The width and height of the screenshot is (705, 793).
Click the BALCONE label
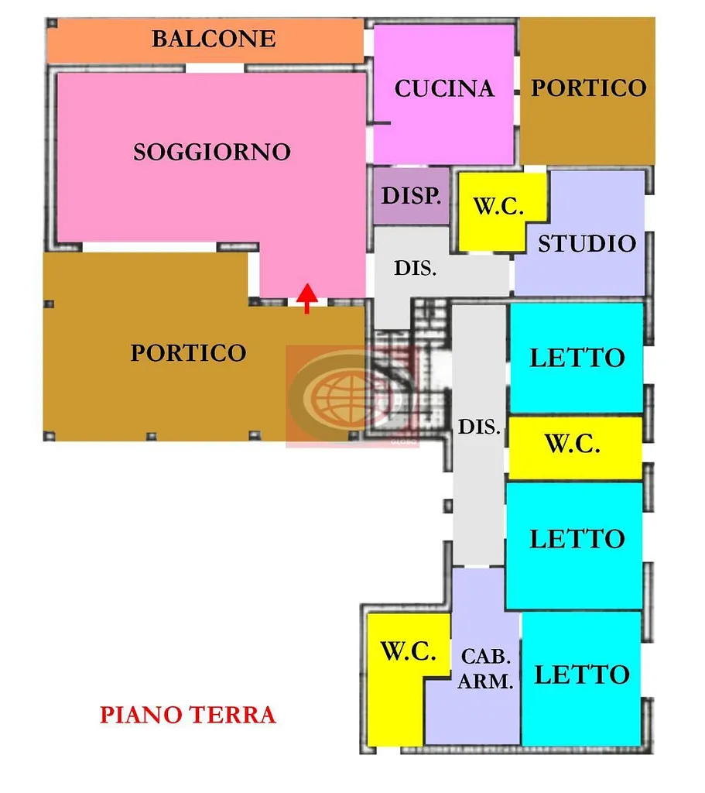click(x=214, y=39)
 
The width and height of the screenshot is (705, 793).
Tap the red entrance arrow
click(x=306, y=298)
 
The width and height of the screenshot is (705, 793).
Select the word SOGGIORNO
click(x=212, y=152)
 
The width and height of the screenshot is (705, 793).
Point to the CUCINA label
click(x=444, y=88)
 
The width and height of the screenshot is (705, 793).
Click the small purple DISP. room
click(x=412, y=196)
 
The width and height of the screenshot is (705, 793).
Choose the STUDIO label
click(x=587, y=244)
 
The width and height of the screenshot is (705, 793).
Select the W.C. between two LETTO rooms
click(x=575, y=448)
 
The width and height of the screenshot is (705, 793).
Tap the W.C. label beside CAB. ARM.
click(x=409, y=651)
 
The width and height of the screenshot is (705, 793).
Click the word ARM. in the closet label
click(x=486, y=681)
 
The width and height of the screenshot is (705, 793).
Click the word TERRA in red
click(x=232, y=715)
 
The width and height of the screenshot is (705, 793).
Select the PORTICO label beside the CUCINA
click(x=589, y=88)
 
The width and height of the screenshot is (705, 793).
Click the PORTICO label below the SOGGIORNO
click(x=189, y=352)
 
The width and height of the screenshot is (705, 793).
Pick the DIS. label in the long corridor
click(x=479, y=427)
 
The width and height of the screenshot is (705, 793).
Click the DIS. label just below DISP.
click(x=416, y=268)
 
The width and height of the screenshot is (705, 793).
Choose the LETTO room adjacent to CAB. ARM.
click(x=581, y=678)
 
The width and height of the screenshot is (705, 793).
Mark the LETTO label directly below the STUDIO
click(x=577, y=358)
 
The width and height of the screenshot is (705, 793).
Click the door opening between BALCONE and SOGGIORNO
click(x=215, y=68)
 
